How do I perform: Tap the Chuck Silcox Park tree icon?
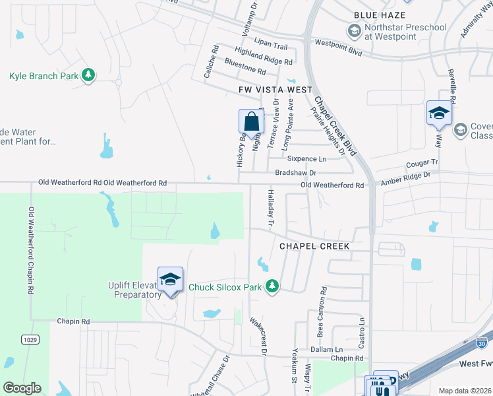(x=271, y=286)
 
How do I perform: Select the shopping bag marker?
(x=251, y=122)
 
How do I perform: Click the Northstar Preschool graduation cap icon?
(x=355, y=31)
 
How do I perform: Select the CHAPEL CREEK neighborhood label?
(x=314, y=246)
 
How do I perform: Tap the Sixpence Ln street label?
(x=306, y=159)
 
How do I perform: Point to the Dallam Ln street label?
(x=329, y=349)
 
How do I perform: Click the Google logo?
(x=22, y=387)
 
